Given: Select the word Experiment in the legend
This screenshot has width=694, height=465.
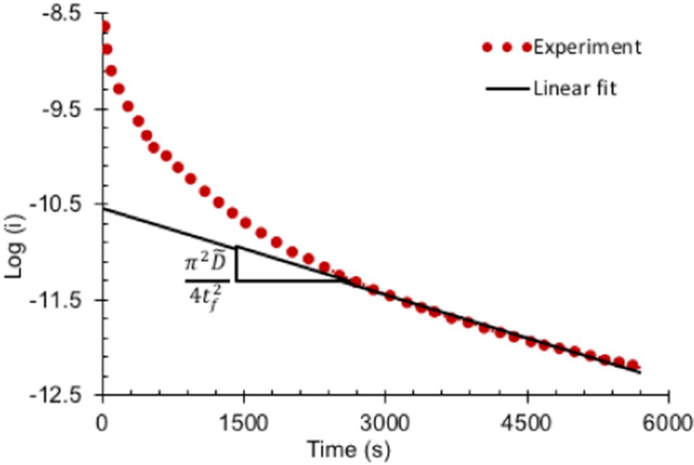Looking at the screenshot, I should pos(587,48).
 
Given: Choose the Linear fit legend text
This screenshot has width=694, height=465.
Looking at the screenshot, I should pos(575,88).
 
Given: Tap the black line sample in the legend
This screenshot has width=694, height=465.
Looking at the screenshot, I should pos(507,88).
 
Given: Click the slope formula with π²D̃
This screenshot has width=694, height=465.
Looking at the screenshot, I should pos(207,281).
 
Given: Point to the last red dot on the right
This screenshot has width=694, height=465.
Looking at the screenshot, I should pos(632,365).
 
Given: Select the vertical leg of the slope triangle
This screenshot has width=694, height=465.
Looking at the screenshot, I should pos(236,264).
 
